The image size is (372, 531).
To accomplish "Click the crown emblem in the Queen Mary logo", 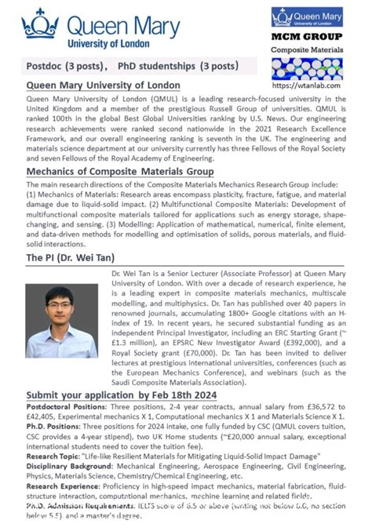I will tap(41, 24).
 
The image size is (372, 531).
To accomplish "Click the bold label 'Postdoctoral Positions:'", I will tap(65, 408).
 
